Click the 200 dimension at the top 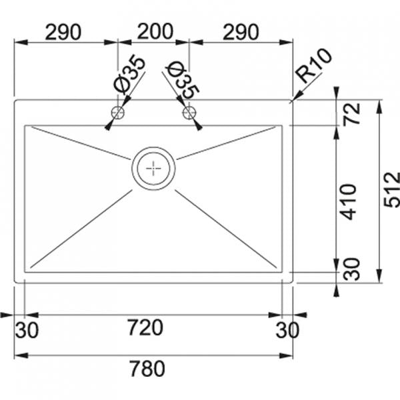tap(155, 31)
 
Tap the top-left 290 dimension tap(63, 32)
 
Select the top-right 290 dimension tap(241, 32)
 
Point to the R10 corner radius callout tap(314, 65)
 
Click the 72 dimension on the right tap(351, 113)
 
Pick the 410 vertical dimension tap(349, 202)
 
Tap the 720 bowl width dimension tap(145, 327)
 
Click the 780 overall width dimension tap(147, 369)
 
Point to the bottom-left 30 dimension tap(27, 330)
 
